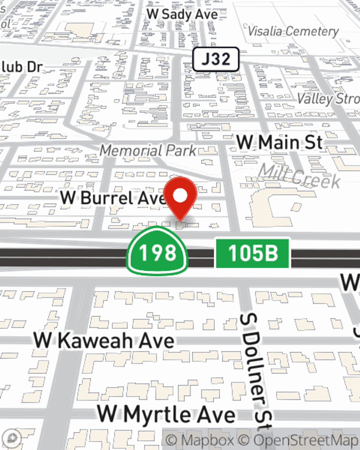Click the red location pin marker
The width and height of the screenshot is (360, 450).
tap(180, 197)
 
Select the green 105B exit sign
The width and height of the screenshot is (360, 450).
tap(252, 253)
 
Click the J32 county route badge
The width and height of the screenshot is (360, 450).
tap(216, 59)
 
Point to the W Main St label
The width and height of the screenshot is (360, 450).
tap(279, 142)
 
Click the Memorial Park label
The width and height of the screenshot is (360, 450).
tap(148, 150)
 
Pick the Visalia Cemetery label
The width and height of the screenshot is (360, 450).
tap(293, 31)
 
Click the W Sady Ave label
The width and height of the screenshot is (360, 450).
tap(183, 14)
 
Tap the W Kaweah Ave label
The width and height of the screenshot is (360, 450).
tap(104, 340)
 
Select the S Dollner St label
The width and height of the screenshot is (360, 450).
tap(256, 371)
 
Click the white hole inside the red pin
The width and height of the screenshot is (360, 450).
tap(180, 195)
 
